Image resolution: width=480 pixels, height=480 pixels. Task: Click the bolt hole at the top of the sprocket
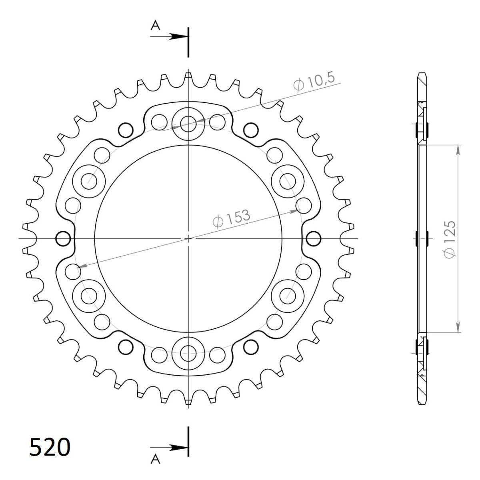tap(188, 124)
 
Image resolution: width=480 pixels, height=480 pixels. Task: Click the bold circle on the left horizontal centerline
tap(63, 239)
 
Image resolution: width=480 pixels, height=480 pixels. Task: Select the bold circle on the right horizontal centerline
tap(313, 239)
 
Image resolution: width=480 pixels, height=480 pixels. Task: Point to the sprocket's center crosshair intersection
tap(188, 239)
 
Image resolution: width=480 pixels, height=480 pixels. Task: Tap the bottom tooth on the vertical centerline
tap(188, 401)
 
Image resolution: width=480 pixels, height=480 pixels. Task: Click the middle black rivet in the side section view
tap(422, 239)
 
